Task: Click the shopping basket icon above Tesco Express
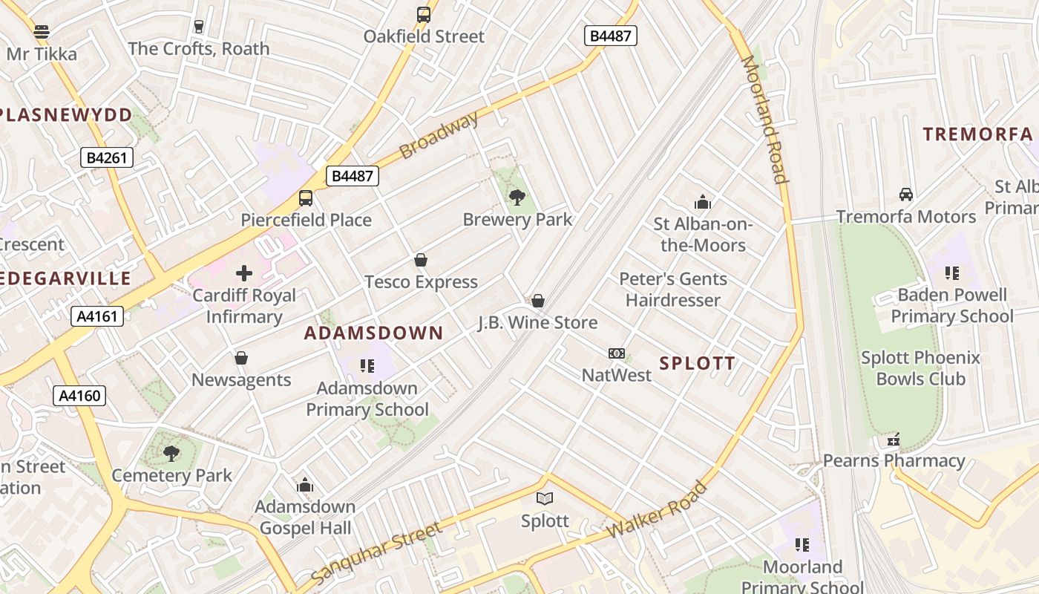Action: click(421, 260)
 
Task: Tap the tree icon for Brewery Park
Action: click(517, 198)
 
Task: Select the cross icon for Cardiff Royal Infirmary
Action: click(244, 273)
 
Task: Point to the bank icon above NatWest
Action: click(617, 353)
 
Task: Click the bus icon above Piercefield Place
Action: click(306, 198)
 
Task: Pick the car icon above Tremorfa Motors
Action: click(905, 195)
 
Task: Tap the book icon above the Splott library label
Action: click(545, 498)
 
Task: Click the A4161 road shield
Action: click(98, 316)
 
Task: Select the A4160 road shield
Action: click(79, 396)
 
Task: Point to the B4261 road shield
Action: click(107, 157)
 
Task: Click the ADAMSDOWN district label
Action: click(373, 333)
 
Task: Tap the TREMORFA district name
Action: click(977, 134)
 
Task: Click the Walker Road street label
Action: click(657, 510)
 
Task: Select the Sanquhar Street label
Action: click(376, 553)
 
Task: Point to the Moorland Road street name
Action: click(764, 120)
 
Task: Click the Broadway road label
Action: click(439, 136)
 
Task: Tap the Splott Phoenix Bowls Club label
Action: click(920, 368)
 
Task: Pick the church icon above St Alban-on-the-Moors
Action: click(702, 202)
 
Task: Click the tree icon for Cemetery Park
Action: click(171, 453)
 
